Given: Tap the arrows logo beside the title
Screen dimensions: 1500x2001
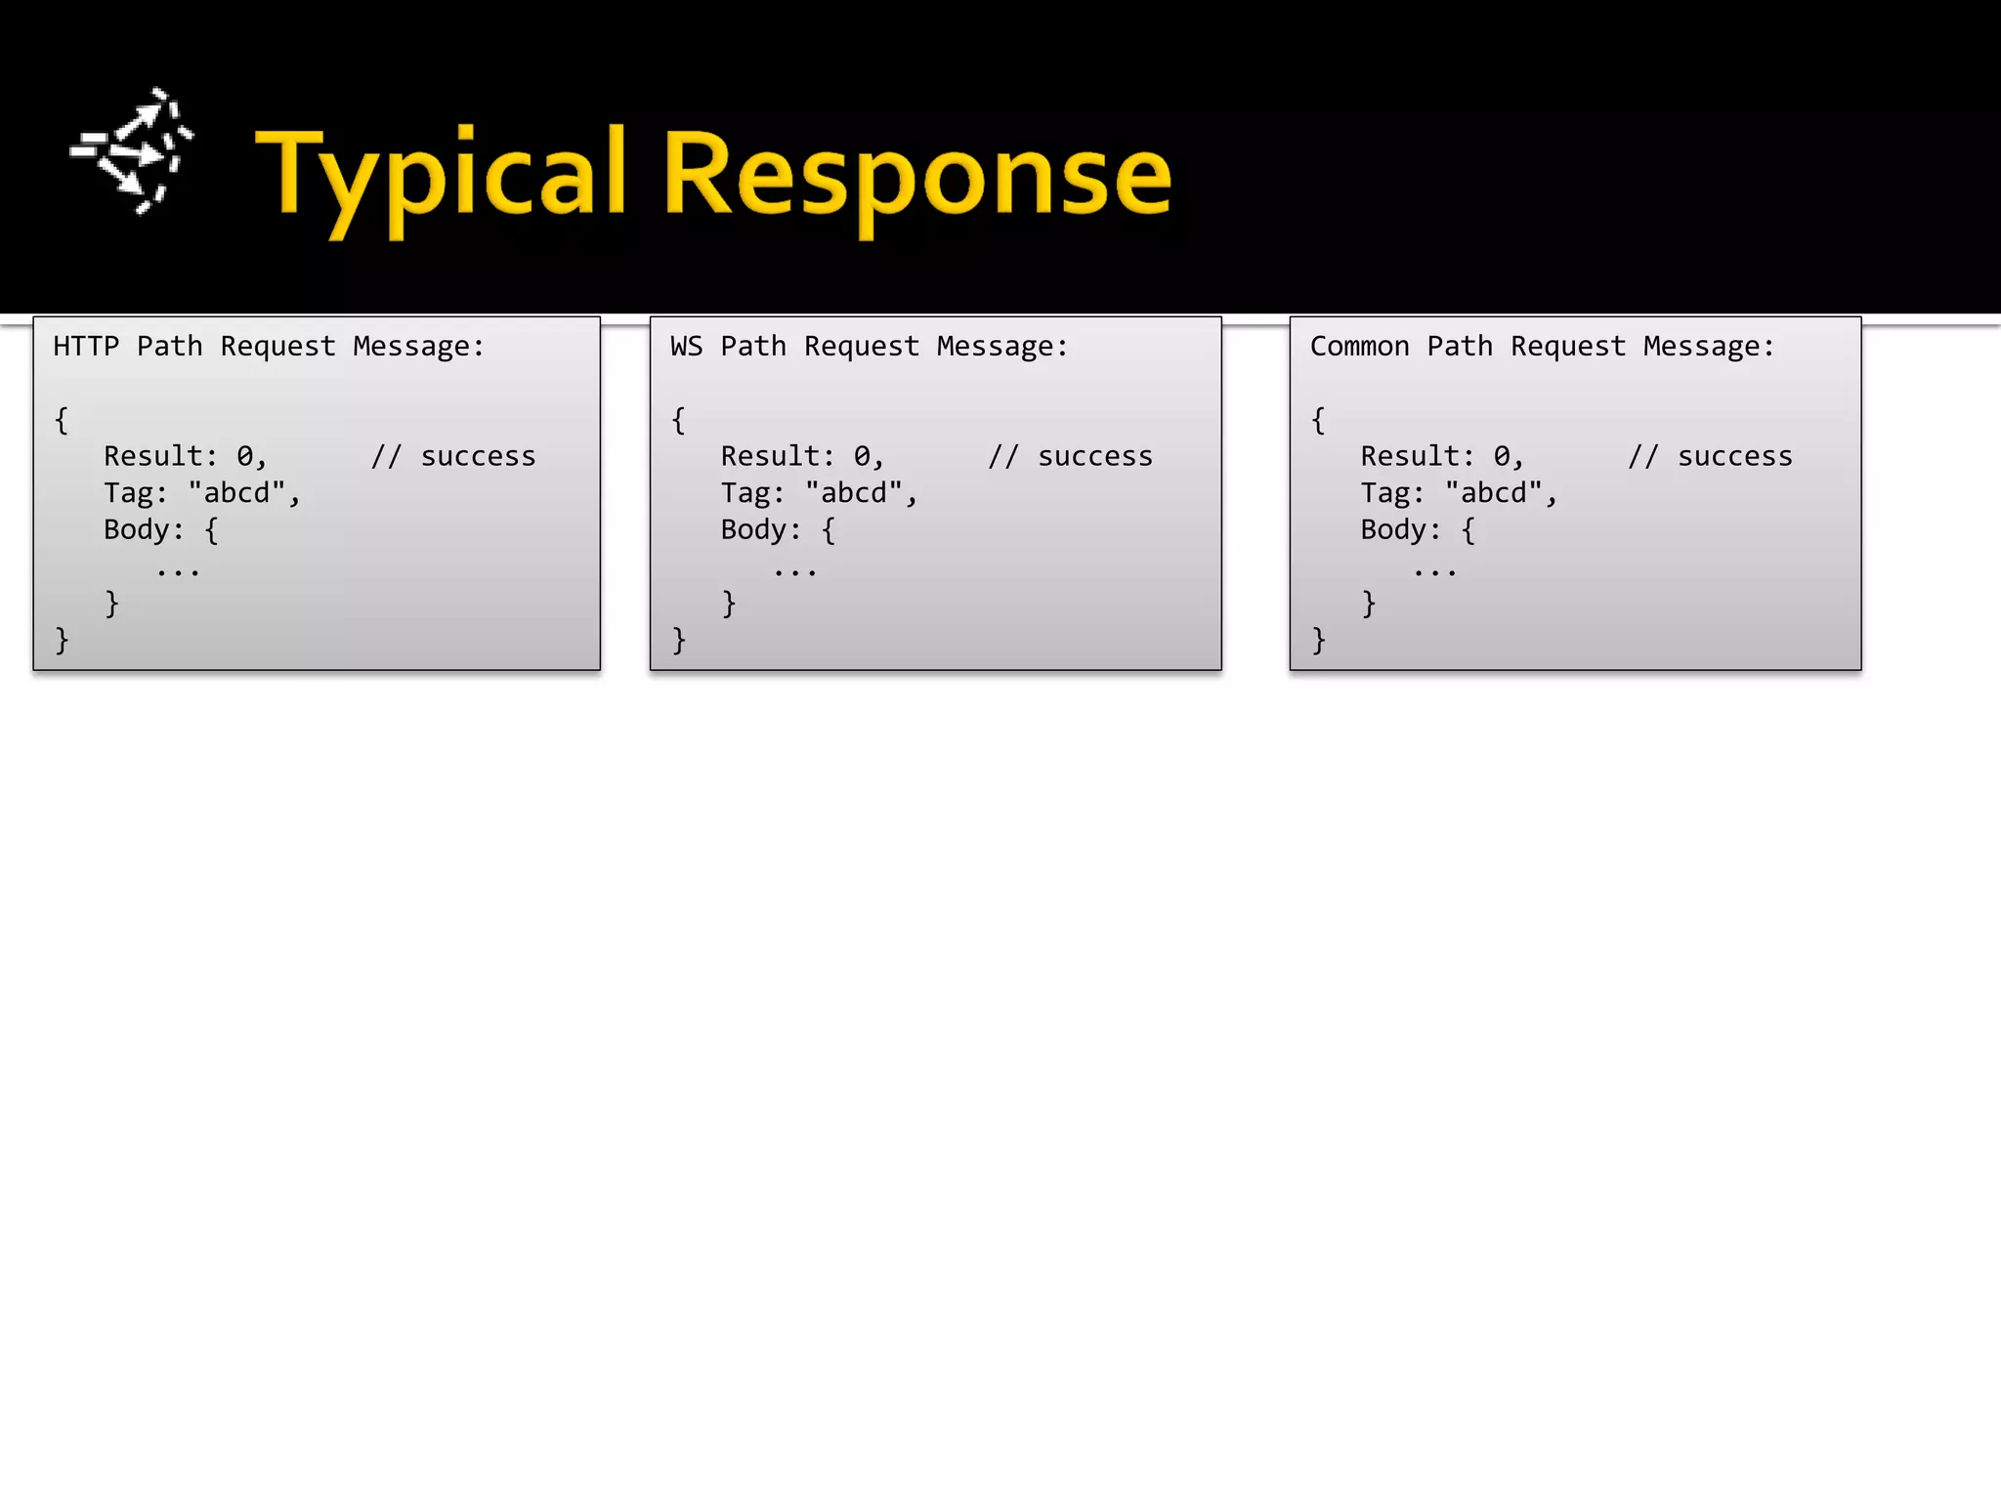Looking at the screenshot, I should pos(133,151).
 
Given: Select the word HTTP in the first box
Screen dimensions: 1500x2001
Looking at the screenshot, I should pos(86,347).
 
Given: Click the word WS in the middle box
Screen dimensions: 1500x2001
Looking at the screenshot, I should pos(686,347).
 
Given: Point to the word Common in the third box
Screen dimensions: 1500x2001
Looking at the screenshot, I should pos(1359,347).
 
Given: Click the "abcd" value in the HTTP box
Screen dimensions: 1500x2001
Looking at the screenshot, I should pos(237,492).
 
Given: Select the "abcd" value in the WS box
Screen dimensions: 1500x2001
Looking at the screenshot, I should pos(855,492).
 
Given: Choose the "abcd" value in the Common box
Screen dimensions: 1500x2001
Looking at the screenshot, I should pos(1495,492).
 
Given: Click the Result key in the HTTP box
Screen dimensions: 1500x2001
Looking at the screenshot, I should pos(154,456).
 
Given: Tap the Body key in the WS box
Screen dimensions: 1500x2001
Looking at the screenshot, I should pos(754,529).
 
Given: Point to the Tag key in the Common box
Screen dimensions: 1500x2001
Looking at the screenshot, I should pos(1385,493).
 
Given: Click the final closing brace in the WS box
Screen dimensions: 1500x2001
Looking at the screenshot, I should pos(679,641).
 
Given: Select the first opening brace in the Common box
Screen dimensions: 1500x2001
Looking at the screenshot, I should pos(1318,420).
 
